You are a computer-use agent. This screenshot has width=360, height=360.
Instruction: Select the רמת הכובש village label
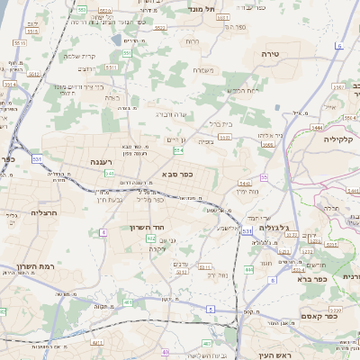pos(243,88)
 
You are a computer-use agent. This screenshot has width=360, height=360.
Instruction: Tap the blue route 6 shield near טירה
pos(339,45)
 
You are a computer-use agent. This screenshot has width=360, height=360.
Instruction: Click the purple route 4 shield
pos(103,232)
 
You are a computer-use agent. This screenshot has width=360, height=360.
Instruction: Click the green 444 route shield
pos(248,269)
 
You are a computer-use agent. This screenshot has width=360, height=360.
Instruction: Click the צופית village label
pos(207,141)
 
